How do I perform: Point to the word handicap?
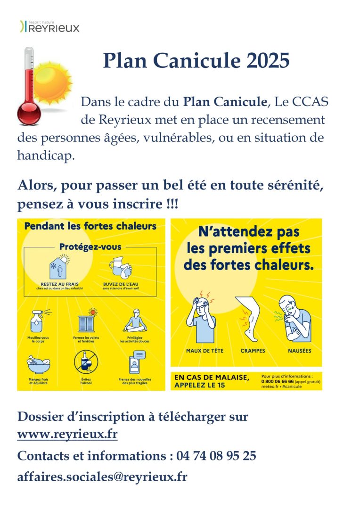[46, 156]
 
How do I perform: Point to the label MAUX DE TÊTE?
[205, 351]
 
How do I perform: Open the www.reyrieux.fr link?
[67, 434]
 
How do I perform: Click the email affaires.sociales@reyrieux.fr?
[102, 476]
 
